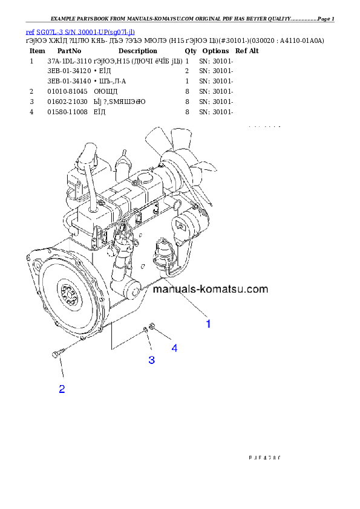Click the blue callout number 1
click(x=208, y=324)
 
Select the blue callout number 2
click(x=62, y=389)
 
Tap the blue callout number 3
click(x=151, y=360)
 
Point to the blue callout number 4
click(x=174, y=348)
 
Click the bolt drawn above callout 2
click(x=56, y=352)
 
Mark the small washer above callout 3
click(x=145, y=329)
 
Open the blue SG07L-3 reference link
click(x=80, y=31)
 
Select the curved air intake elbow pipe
click(x=86, y=158)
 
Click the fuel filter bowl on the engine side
click(x=163, y=251)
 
